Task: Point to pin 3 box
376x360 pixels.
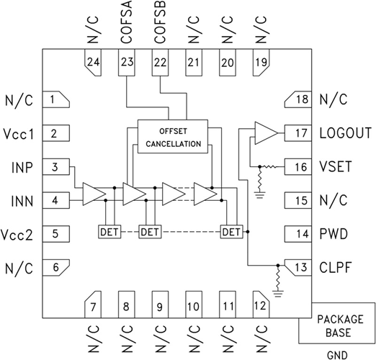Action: point(54,167)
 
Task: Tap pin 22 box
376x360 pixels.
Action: point(160,63)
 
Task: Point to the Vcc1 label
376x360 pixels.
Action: point(19,133)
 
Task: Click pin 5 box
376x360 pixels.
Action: point(54,233)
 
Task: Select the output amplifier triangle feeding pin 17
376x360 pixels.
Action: point(265,132)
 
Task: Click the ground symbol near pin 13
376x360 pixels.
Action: point(278,292)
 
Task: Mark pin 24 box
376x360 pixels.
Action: point(93,63)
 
